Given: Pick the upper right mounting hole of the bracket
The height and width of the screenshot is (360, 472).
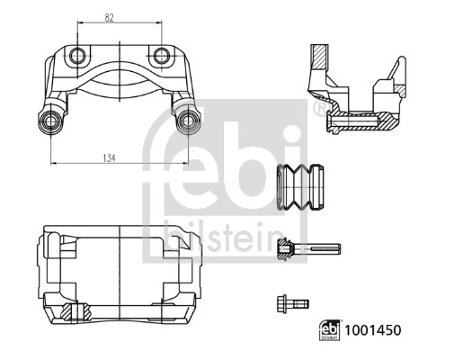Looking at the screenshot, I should (160, 56).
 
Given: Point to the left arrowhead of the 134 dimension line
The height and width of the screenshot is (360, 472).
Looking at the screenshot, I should (55, 163).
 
